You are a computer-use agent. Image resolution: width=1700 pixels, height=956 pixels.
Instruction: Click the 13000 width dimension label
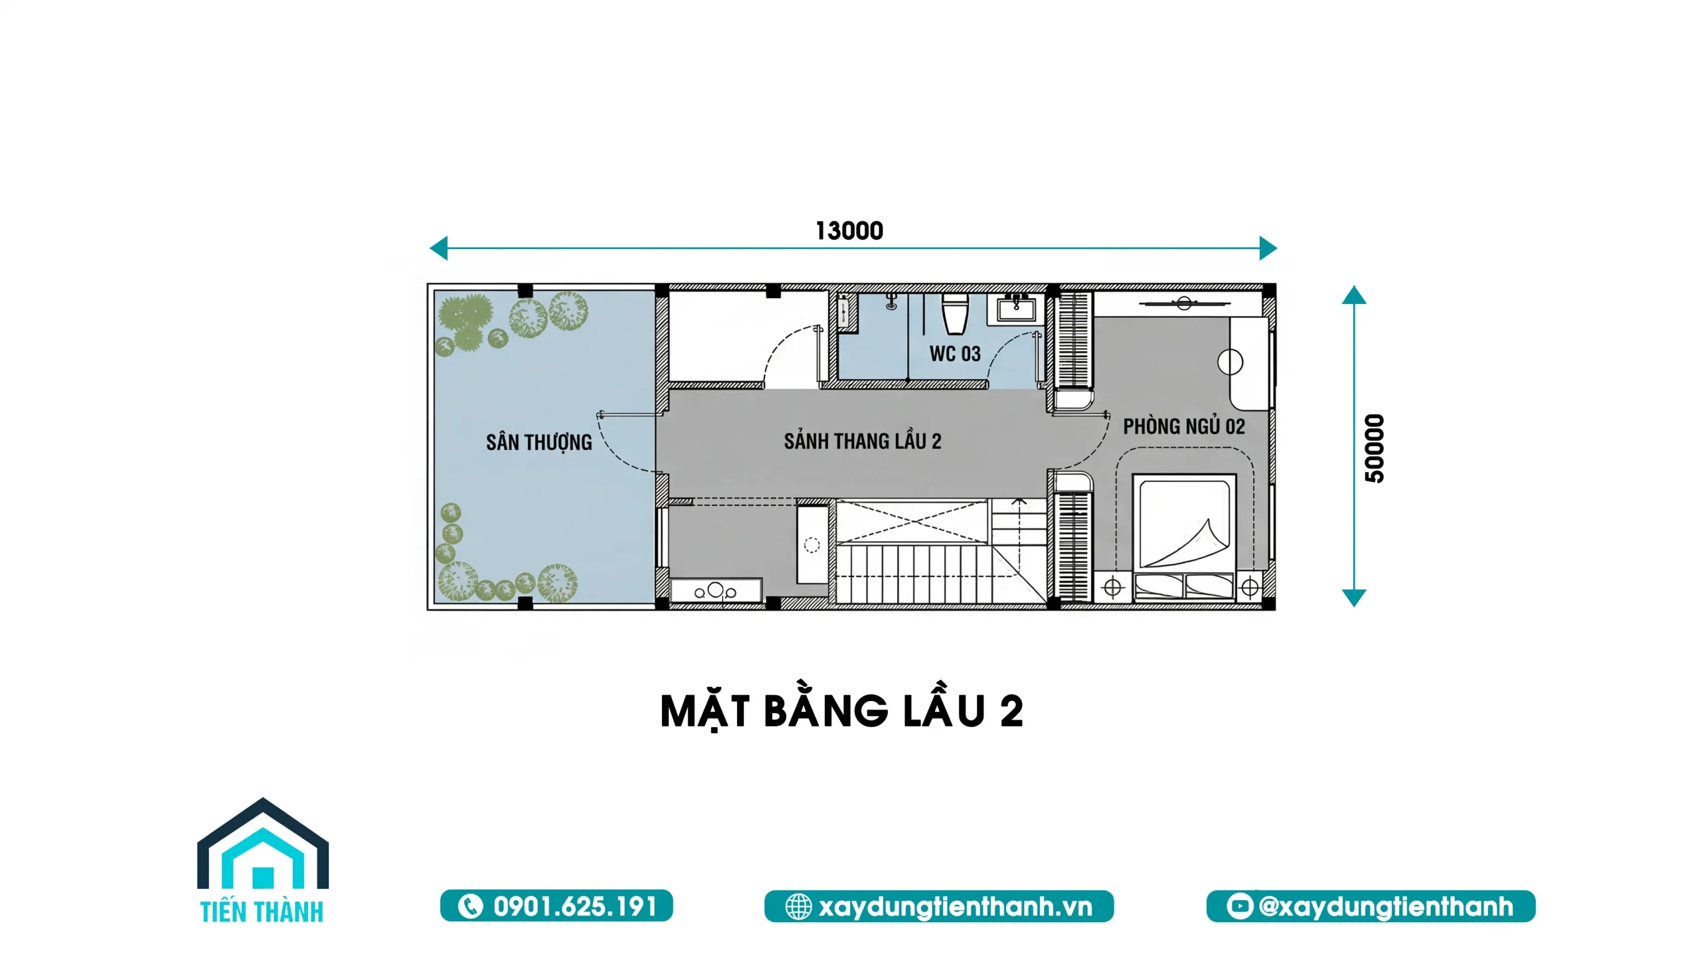pyautogui.click(x=849, y=231)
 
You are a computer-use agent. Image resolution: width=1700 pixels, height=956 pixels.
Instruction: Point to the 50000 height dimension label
pyautogui.click(x=1375, y=448)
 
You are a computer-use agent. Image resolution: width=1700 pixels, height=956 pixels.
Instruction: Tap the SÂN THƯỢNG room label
pyautogui.click(x=539, y=442)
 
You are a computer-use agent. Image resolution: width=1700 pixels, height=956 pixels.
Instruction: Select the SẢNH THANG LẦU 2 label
pyautogui.click(x=863, y=441)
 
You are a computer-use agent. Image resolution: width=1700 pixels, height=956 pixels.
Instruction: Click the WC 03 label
pyautogui.click(x=955, y=354)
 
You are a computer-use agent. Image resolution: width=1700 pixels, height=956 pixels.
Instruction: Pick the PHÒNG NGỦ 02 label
pyautogui.click(x=1184, y=426)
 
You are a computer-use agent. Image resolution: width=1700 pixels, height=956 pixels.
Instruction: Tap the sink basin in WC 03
pyautogui.click(x=1015, y=309)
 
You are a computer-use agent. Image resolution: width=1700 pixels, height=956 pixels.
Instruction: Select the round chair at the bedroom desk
pyautogui.click(x=1230, y=362)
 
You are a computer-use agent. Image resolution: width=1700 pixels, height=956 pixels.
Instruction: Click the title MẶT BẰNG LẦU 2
pyautogui.click(x=842, y=712)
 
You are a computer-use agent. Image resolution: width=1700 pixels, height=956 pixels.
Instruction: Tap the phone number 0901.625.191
pyautogui.click(x=575, y=906)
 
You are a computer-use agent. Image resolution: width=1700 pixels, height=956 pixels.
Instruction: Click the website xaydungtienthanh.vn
pyautogui.click(x=956, y=907)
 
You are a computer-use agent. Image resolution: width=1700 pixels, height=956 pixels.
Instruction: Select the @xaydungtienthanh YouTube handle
pyautogui.click(x=1386, y=907)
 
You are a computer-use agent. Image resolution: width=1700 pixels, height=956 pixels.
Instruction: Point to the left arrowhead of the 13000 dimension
pyautogui.click(x=438, y=248)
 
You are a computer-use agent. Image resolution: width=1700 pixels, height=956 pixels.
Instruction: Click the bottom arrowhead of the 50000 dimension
pyautogui.click(x=1354, y=598)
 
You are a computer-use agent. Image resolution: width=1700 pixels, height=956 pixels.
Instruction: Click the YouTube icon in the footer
pyautogui.click(x=1239, y=906)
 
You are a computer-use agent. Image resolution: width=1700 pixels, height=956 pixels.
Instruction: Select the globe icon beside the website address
pyautogui.click(x=798, y=907)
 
